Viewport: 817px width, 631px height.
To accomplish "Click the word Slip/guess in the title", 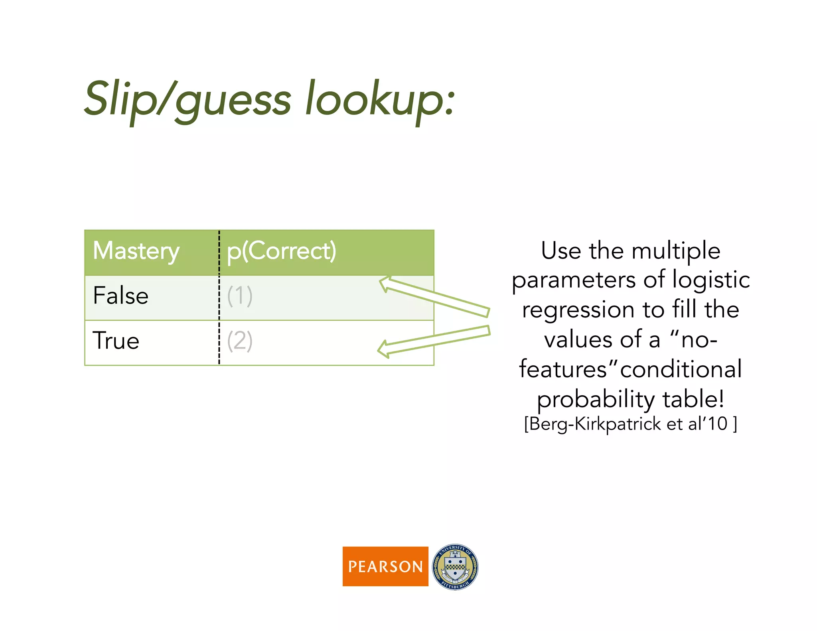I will coord(187,100).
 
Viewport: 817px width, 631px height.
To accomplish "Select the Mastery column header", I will coord(136,251).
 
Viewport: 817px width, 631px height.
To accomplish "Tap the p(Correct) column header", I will coord(281,251).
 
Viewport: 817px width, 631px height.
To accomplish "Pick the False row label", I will coord(120,296).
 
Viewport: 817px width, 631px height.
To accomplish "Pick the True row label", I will coord(116,341).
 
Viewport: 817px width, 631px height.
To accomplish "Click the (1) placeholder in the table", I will coord(240,296).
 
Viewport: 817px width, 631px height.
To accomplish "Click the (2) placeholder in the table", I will coord(240,341).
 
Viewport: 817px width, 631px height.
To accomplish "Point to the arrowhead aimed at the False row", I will coord(385,284).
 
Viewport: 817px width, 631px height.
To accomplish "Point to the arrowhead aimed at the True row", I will coord(384,349).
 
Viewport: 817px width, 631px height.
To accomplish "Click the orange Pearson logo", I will coord(385,566).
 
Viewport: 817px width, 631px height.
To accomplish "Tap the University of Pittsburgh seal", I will coord(455,567).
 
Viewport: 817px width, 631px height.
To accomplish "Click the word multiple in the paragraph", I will coord(676,251).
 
